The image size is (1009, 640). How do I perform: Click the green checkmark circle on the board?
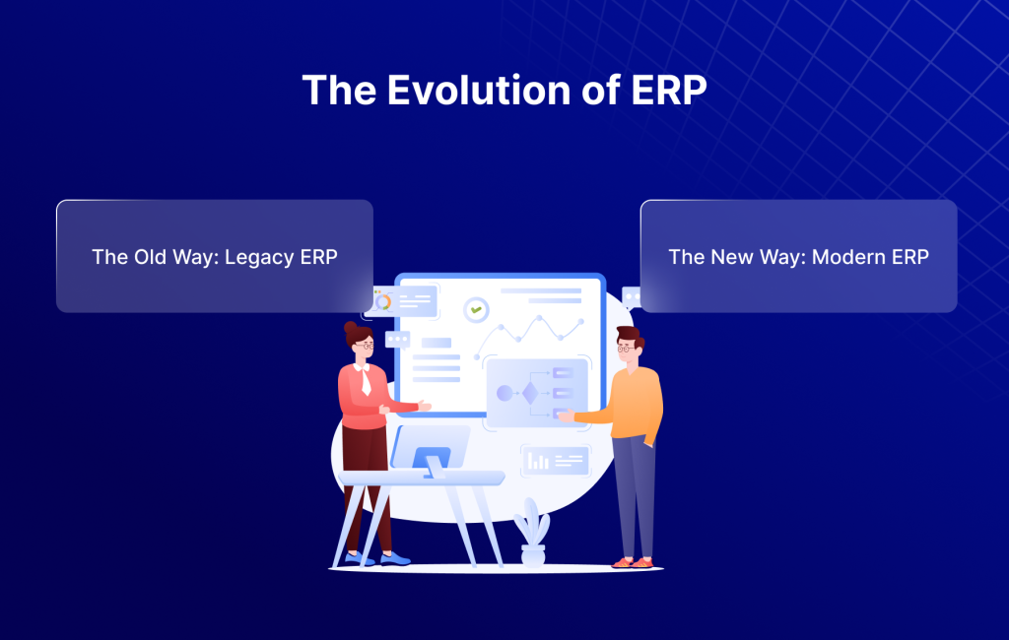pyautogui.click(x=477, y=309)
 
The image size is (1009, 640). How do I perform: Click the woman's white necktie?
pyautogui.click(x=366, y=379)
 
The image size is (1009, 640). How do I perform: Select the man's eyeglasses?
pyautogui.click(x=625, y=348)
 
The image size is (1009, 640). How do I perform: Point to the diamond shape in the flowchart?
pyautogui.click(x=529, y=393)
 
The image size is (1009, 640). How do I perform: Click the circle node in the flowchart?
pyautogui.click(x=504, y=393)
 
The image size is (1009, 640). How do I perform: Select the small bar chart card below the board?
pyautogui.click(x=555, y=460)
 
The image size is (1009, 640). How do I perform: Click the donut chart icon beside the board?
pyautogui.click(x=383, y=301)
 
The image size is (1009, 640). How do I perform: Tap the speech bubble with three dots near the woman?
pyautogui.click(x=397, y=340)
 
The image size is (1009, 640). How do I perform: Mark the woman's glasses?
pyautogui.click(x=363, y=346)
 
